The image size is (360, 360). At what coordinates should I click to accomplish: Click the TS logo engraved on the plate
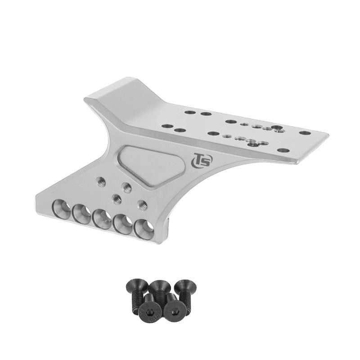click(x=202, y=160)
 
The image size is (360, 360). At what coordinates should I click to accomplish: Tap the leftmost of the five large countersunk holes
click(x=62, y=209)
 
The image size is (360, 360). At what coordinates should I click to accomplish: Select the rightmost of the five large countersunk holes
click(x=144, y=229)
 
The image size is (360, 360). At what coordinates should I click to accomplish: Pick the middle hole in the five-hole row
click(x=103, y=219)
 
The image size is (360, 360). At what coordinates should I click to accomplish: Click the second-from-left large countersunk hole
click(x=82, y=214)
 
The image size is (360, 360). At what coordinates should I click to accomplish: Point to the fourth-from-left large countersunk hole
click(x=123, y=224)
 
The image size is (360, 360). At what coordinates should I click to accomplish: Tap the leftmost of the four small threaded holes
click(x=101, y=182)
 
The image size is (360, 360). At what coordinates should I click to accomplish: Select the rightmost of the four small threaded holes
click(x=142, y=204)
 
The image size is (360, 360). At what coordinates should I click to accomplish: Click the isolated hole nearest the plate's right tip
click(x=305, y=133)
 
